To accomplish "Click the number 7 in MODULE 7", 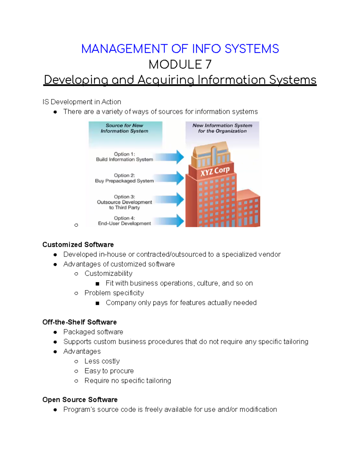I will (208, 65).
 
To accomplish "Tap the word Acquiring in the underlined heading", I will (166, 80).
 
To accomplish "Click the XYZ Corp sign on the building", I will (215, 171).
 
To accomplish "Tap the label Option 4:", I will (124, 218).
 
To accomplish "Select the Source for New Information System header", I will (124, 128).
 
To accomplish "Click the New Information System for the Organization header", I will (222, 128).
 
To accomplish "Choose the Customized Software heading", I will (78, 245).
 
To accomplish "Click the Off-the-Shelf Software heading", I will (79, 322).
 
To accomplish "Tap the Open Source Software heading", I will (80, 400).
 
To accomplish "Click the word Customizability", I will (108, 273).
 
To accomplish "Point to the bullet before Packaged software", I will (55, 332).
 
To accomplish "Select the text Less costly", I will (102, 361).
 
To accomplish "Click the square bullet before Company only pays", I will (97, 303).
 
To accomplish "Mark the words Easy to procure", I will (109, 371).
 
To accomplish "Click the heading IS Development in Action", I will (82, 102).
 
